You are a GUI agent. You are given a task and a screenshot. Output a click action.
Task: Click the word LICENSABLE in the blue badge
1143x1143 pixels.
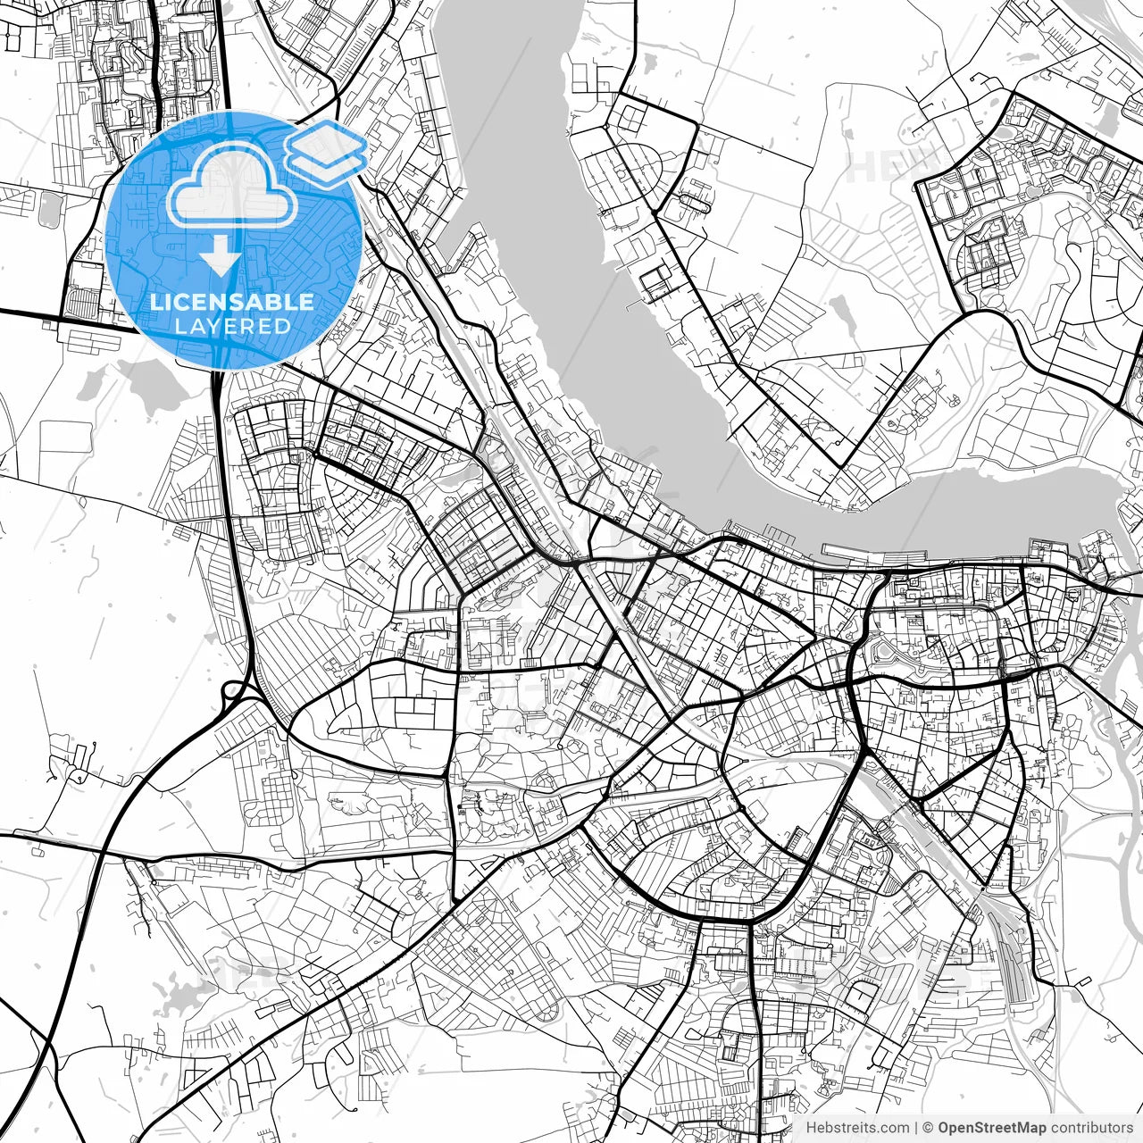point(232,302)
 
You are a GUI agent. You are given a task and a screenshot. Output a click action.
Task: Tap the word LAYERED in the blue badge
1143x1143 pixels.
point(232,326)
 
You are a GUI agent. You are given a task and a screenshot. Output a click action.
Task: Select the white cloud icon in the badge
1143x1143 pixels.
point(233,186)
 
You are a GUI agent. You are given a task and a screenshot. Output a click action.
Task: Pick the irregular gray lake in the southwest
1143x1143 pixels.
point(179,991)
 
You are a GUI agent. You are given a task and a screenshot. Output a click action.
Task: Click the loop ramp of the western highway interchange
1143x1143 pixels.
point(234,690)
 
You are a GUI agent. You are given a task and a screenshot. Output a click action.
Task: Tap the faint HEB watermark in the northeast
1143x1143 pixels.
point(884,168)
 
